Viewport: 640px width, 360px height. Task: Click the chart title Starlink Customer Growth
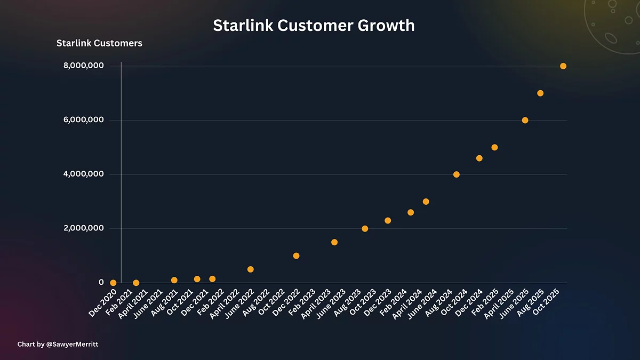click(314, 26)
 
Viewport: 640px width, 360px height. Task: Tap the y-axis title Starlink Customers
click(99, 43)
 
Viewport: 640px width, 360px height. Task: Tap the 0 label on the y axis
click(100, 282)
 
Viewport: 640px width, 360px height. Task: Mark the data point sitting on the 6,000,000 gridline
click(525, 121)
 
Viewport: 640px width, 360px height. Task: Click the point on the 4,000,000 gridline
click(456, 174)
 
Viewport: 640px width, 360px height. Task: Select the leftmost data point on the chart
click(113, 283)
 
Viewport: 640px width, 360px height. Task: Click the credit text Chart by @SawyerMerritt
click(58, 345)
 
